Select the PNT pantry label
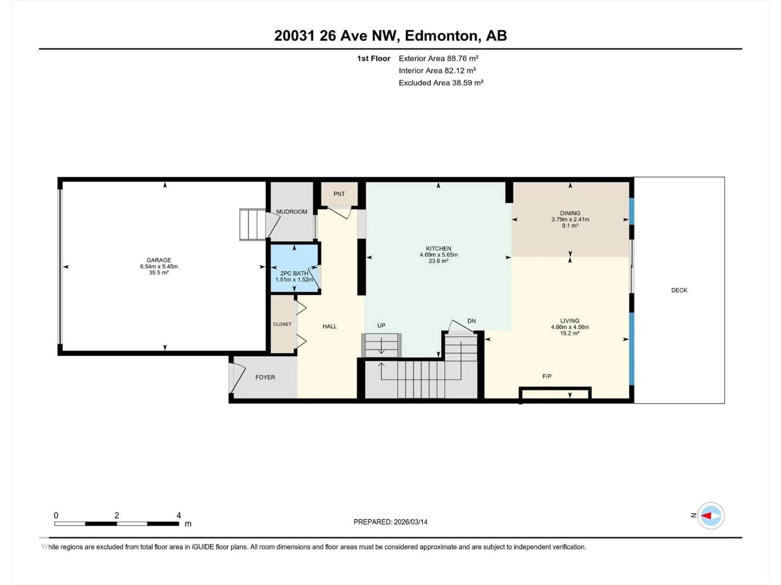[339, 194]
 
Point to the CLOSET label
[282, 324]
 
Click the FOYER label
[265, 377]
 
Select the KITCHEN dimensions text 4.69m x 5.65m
[438, 255]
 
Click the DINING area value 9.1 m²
[570, 226]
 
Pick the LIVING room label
[569, 321]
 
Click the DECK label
[679, 290]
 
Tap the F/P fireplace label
[546, 376]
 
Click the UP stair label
[381, 325]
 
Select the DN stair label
[471, 321]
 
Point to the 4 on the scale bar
[179, 515]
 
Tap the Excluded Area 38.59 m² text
[441, 83]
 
